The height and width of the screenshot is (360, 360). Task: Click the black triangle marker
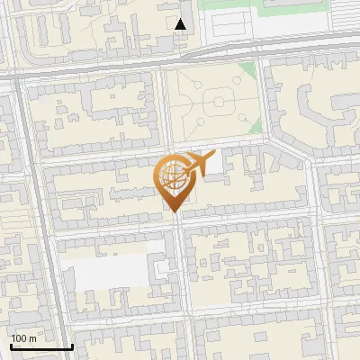[181, 24]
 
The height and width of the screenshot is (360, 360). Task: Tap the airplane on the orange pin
[195, 166]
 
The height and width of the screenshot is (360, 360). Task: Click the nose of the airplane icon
[212, 156]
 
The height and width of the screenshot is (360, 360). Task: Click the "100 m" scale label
[24, 337]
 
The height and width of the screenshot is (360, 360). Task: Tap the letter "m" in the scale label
[33, 337]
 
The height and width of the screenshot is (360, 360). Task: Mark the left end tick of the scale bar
[12, 345]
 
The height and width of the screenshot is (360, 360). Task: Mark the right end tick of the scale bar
[72, 345]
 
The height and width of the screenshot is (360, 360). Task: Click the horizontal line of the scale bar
[41, 346]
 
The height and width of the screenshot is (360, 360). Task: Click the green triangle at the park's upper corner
[247, 72]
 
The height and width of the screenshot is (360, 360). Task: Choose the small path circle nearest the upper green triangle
[236, 82]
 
